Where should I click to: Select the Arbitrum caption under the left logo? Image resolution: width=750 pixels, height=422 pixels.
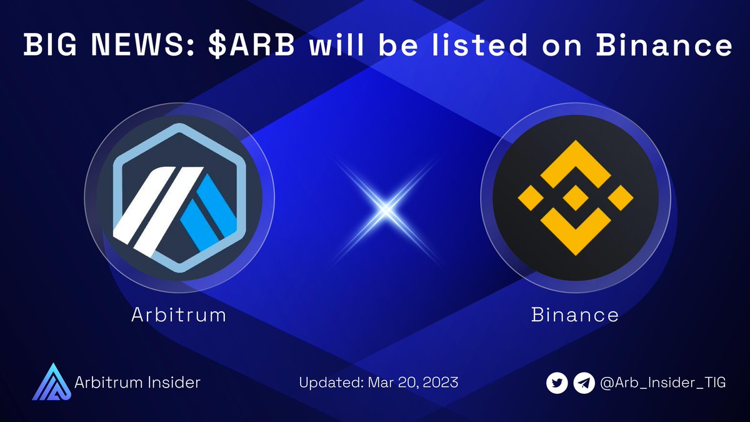179,314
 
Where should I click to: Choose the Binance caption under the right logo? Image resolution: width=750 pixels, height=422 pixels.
575,314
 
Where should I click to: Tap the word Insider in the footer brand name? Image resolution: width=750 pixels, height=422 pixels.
174,381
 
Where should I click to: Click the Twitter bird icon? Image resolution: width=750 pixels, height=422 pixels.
557,382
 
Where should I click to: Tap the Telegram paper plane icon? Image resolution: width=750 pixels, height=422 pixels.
584,382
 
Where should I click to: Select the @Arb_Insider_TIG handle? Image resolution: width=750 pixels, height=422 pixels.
662,382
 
